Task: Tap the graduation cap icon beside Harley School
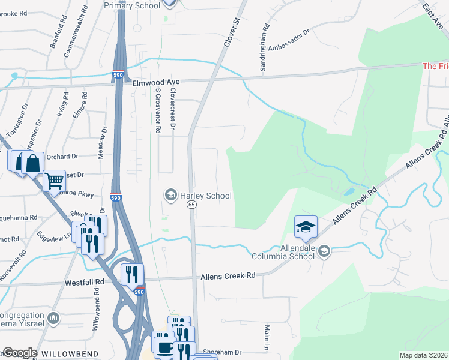point(170,195)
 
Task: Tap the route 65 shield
point(191,205)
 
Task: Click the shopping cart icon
point(54,181)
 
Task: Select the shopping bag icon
point(33,162)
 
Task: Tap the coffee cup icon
point(165,347)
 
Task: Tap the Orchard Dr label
point(66,157)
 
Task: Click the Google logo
point(19,353)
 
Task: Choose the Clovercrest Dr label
point(173,108)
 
